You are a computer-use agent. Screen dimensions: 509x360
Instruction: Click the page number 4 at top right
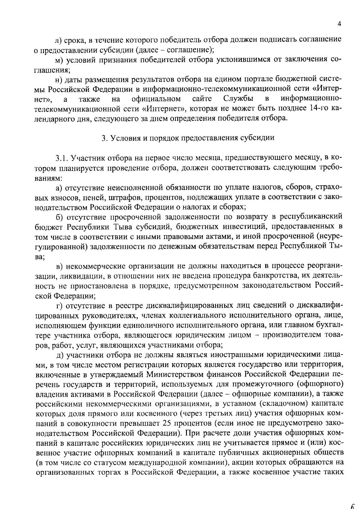(x=339, y=24)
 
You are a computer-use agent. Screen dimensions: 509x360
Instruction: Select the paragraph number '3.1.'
(x=61, y=158)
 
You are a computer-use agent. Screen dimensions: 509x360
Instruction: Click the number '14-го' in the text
(x=318, y=108)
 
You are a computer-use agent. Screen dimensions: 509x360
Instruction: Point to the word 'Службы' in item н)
(x=238, y=98)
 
